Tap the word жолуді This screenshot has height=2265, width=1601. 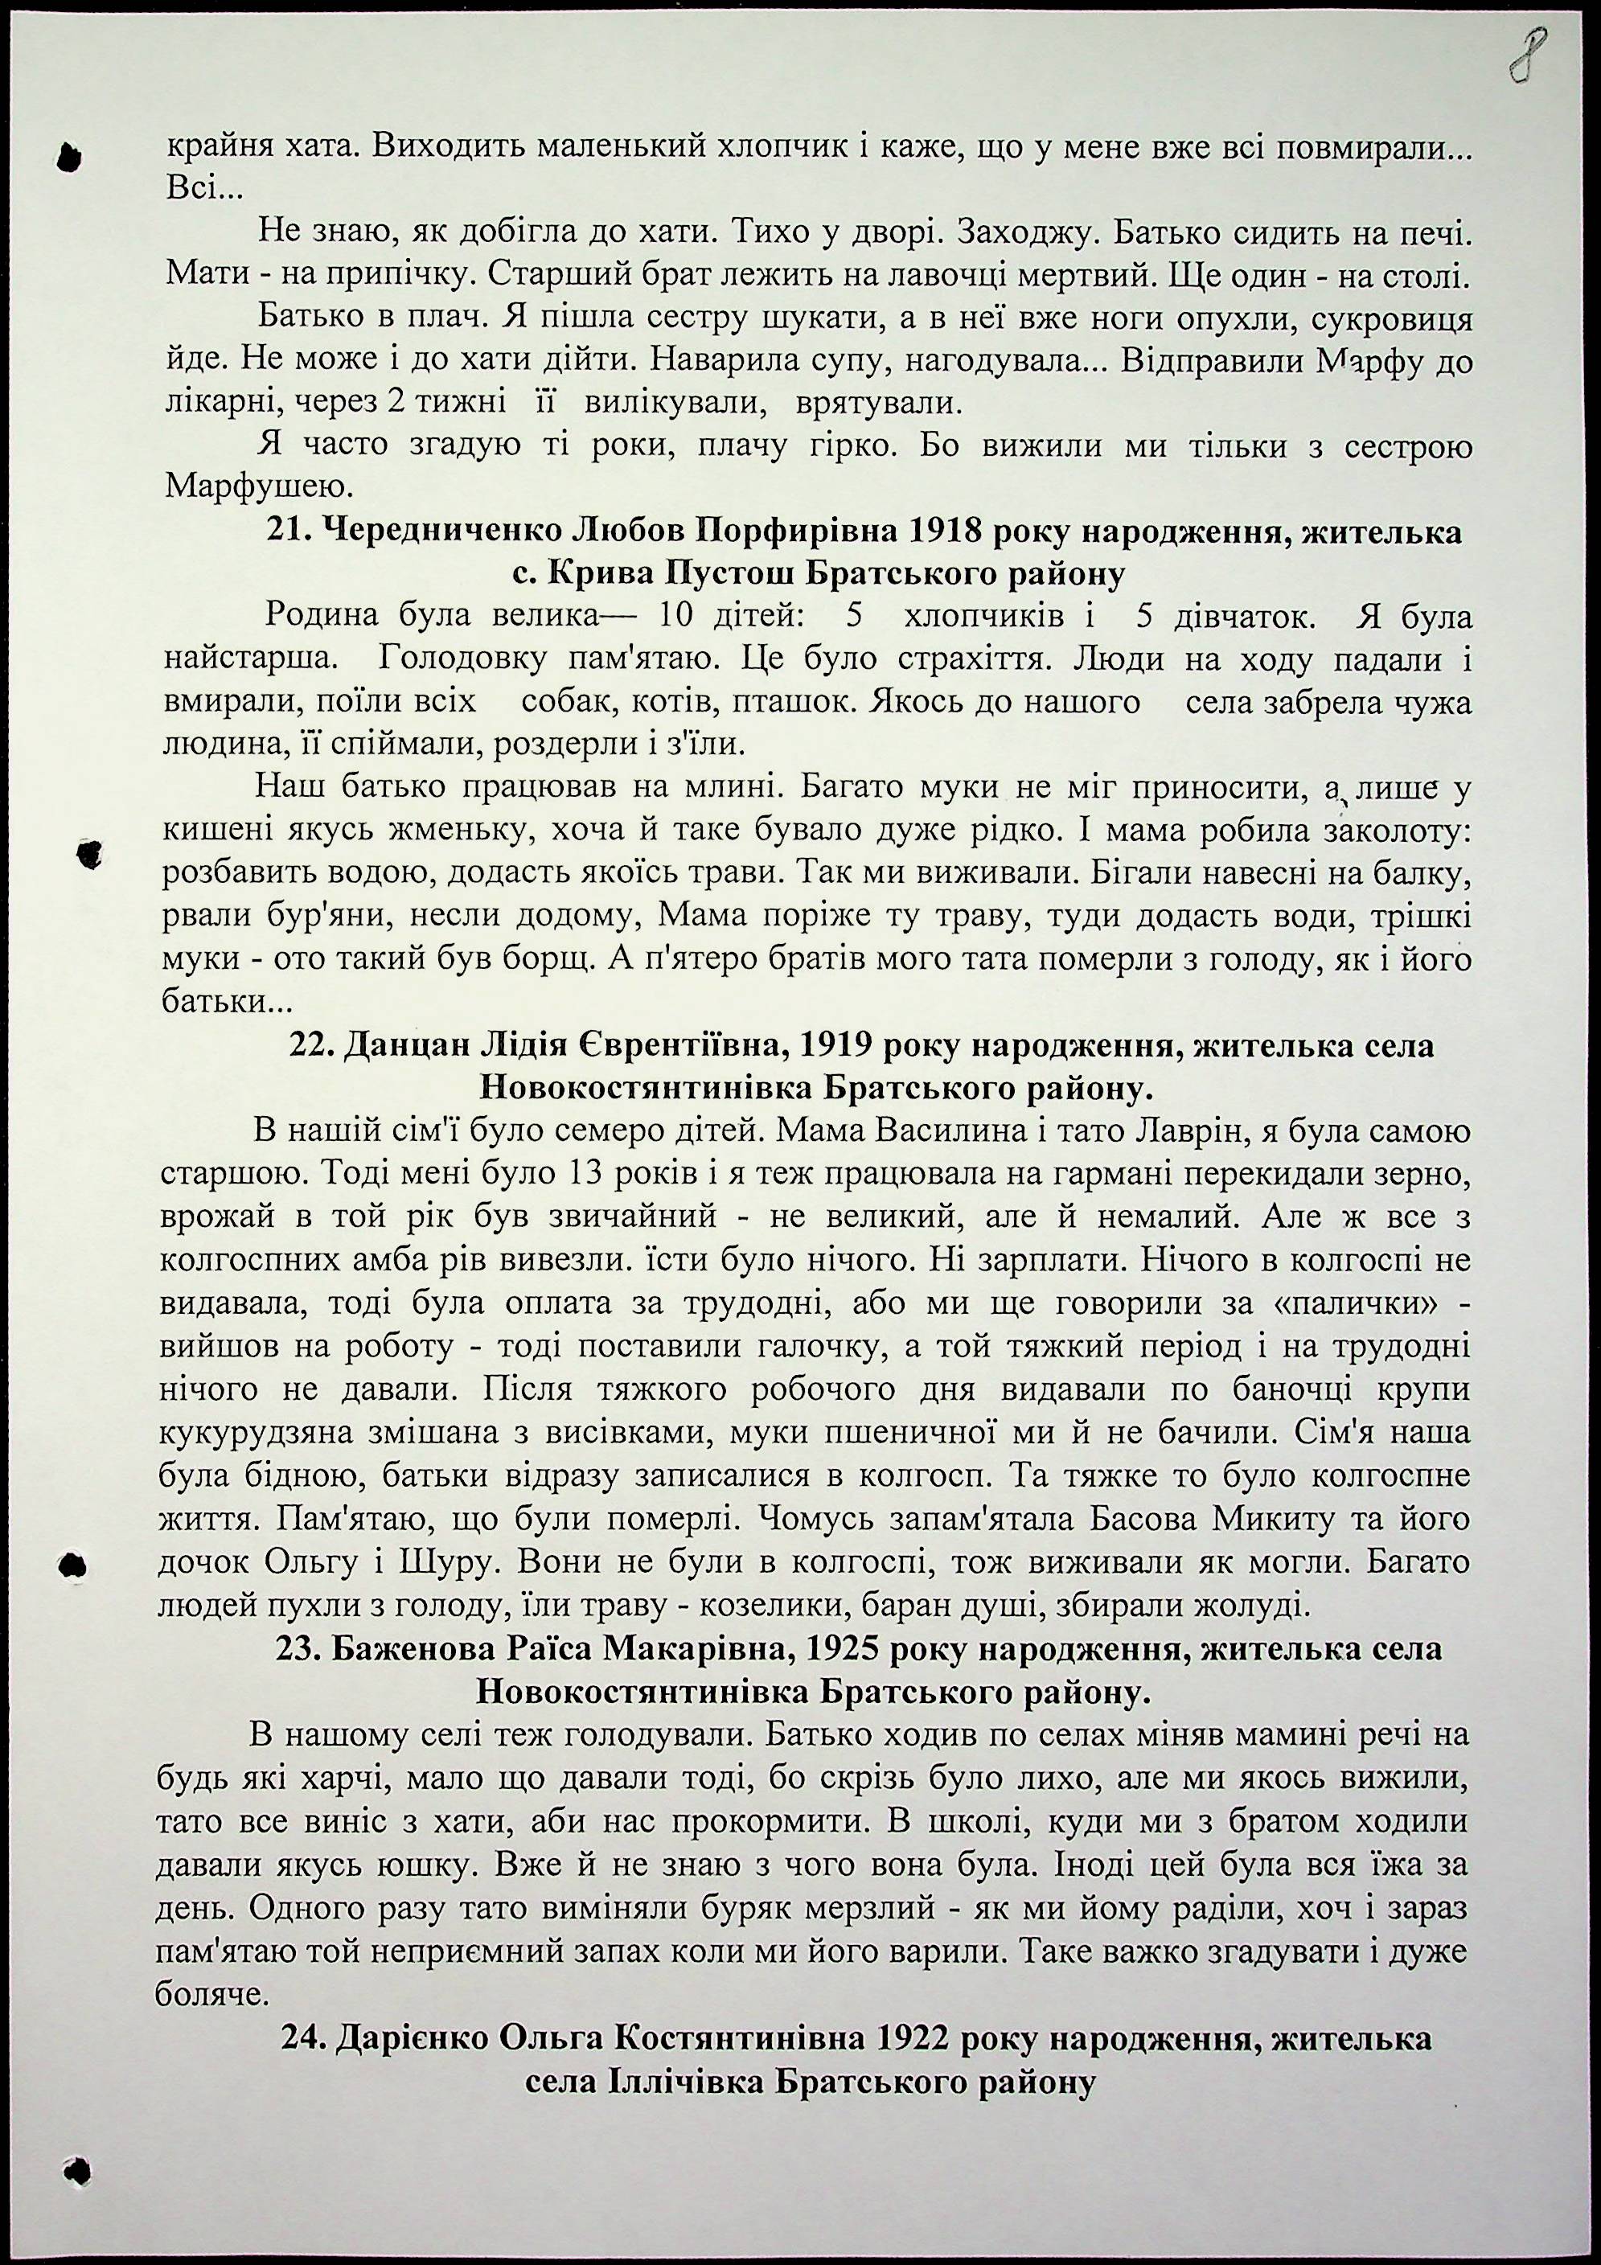click(1254, 1605)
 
